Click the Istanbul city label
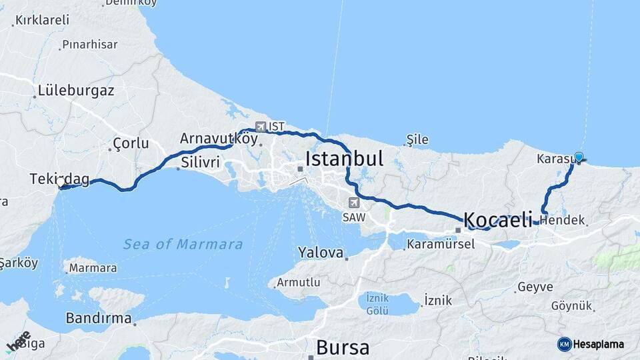coord(344,159)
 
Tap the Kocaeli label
coord(497,219)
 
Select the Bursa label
coord(343,347)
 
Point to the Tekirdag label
coord(59,179)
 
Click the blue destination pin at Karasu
coord(579,157)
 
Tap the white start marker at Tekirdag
coord(61,182)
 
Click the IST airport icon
coord(260,127)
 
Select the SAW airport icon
coord(353,203)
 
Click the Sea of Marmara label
coord(183,245)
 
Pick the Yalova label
coord(321,253)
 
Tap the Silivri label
coord(200,162)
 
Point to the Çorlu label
coord(131,143)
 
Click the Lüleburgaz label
coord(76,90)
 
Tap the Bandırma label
coord(99,318)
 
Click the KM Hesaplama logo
coord(591,344)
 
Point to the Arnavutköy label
coord(218,139)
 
